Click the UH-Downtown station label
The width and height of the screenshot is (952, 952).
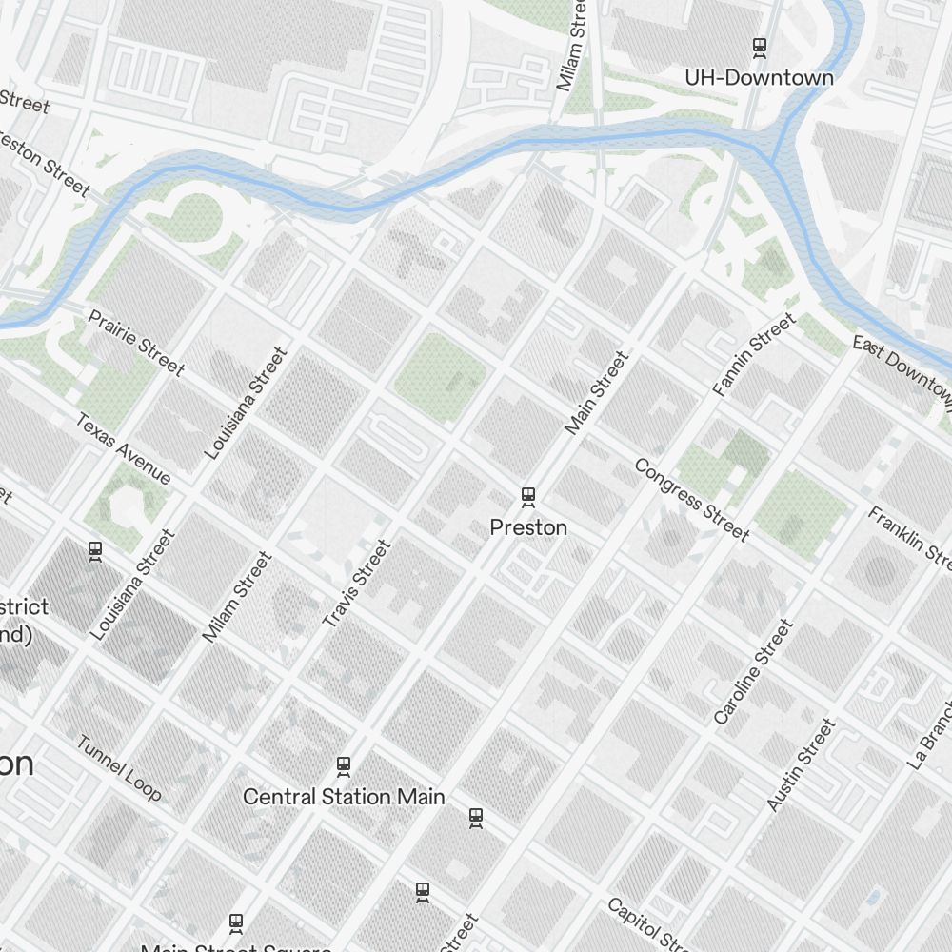[759, 78]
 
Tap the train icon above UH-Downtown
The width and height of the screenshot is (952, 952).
[760, 46]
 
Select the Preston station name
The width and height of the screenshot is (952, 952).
[528, 527]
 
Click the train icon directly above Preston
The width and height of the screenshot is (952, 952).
[528, 496]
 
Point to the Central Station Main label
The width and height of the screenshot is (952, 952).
[344, 797]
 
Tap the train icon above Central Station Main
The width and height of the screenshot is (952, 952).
[344, 765]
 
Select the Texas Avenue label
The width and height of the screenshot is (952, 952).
[124, 448]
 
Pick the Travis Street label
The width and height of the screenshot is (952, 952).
[357, 584]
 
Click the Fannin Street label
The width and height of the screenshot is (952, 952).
[754, 354]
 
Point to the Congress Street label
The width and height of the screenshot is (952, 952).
[692, 500]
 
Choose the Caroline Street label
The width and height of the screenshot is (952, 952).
[753, 671]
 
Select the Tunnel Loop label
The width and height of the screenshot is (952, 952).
[119, 768]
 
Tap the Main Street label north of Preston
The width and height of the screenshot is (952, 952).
[597, 393]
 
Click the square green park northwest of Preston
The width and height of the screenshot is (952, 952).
[440, 377]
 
